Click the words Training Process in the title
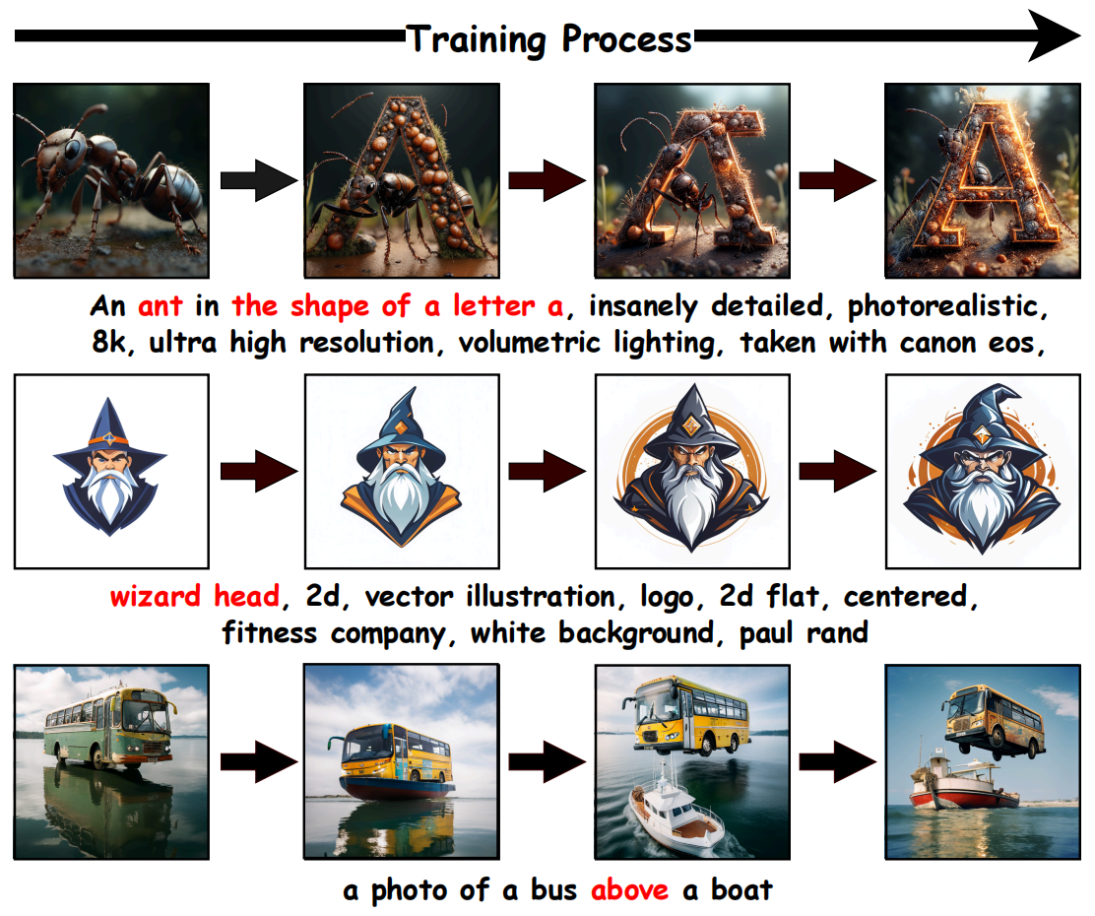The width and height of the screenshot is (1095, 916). pos(549,39)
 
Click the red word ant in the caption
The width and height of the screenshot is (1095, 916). pos(161,306)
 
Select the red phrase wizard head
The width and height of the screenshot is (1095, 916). pos(194,597)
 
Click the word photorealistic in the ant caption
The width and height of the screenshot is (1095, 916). pos(942,306)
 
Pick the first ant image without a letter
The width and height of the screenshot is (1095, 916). pos(110,180)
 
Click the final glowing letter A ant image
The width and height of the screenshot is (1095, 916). pos(982,180)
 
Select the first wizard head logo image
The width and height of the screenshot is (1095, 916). pos(110,471)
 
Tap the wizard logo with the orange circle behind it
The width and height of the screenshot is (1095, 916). pos(691,471)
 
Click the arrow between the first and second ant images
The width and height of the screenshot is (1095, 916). pos(257,180)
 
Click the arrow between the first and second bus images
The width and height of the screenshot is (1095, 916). pos(257,761)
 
